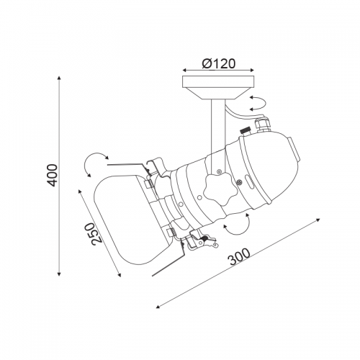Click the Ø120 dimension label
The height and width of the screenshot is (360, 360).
tap(219, 64)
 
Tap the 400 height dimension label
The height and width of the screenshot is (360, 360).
tap(52, 175)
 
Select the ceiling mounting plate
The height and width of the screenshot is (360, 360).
tap(218, 88)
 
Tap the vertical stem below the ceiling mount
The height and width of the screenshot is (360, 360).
tap(218, 137)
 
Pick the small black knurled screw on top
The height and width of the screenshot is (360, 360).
tap(246, 132)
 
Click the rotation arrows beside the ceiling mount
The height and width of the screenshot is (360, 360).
tap(258, 103)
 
